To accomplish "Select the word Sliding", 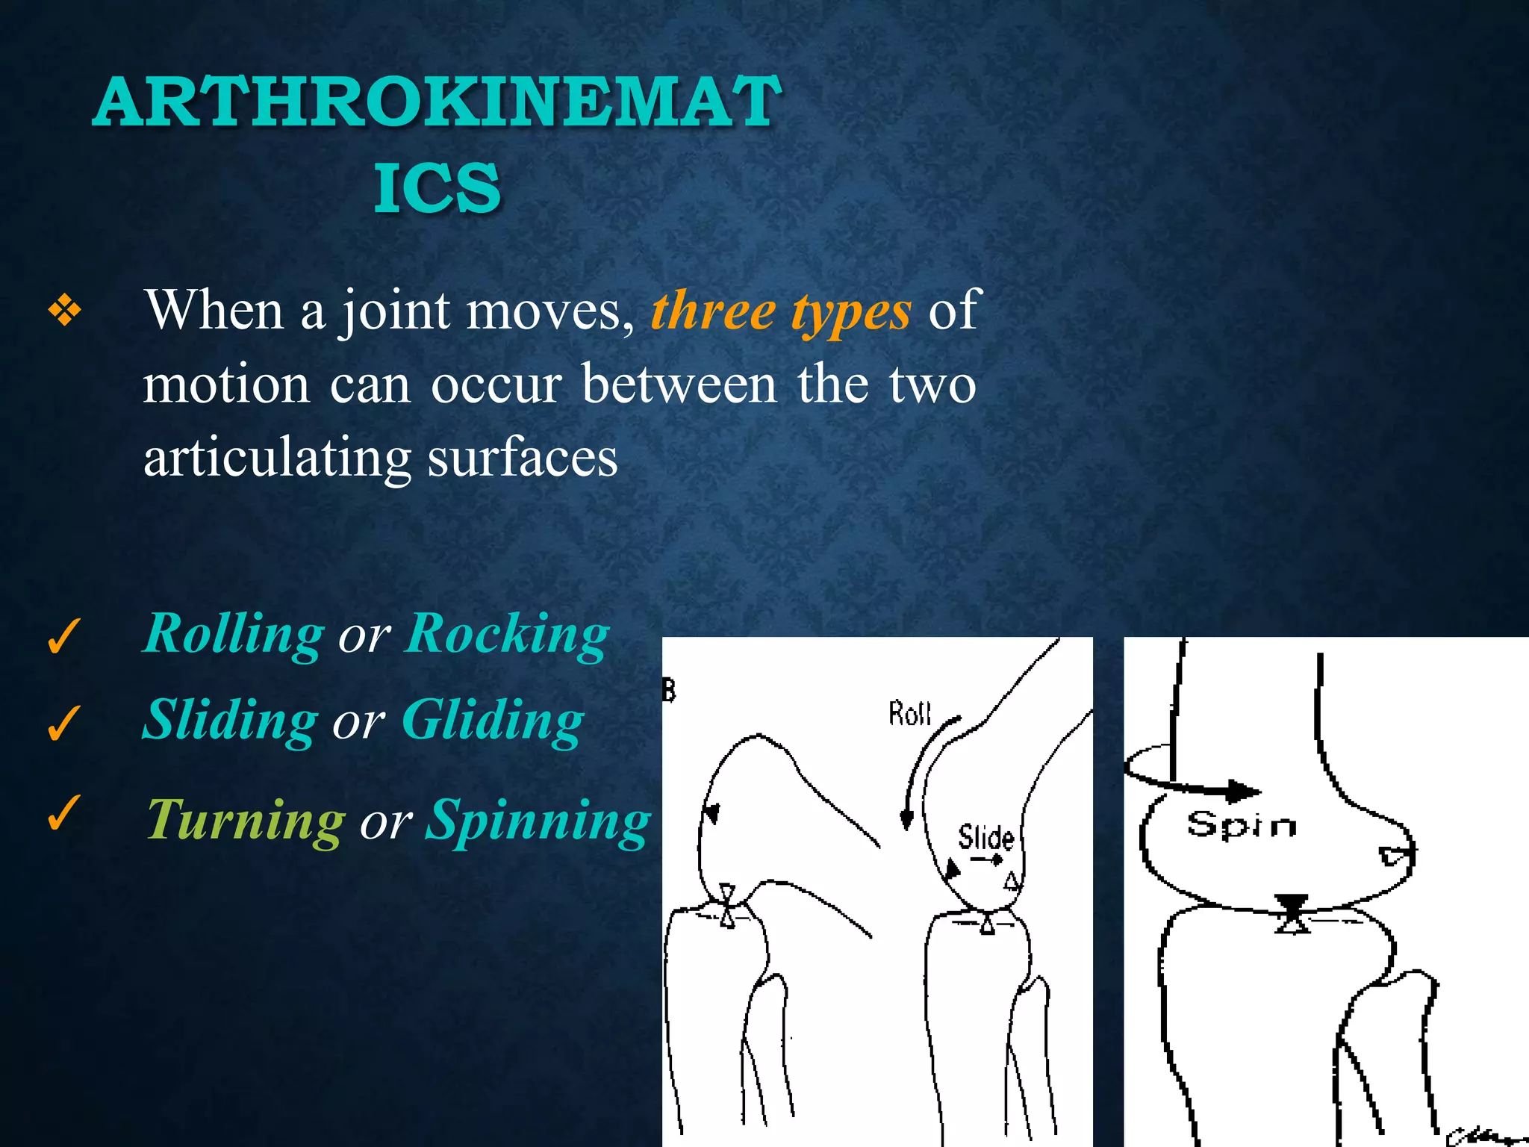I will tap(231, 721).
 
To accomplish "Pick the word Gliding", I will tap(493, 721).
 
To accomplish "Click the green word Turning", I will tap(246, 821).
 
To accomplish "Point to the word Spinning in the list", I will tap(538, 821).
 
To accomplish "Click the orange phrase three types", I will tap(781, 311).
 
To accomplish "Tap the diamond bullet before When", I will tap(65, 311).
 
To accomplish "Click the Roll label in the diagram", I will tap(909, 714).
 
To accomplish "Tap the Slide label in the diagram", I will tap(985, 838).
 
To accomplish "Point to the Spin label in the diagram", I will tap(1242, 825).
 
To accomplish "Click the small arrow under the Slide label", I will tap(987, 860).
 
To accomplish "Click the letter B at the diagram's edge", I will tap(668, 691).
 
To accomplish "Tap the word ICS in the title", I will tap(437, 188).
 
